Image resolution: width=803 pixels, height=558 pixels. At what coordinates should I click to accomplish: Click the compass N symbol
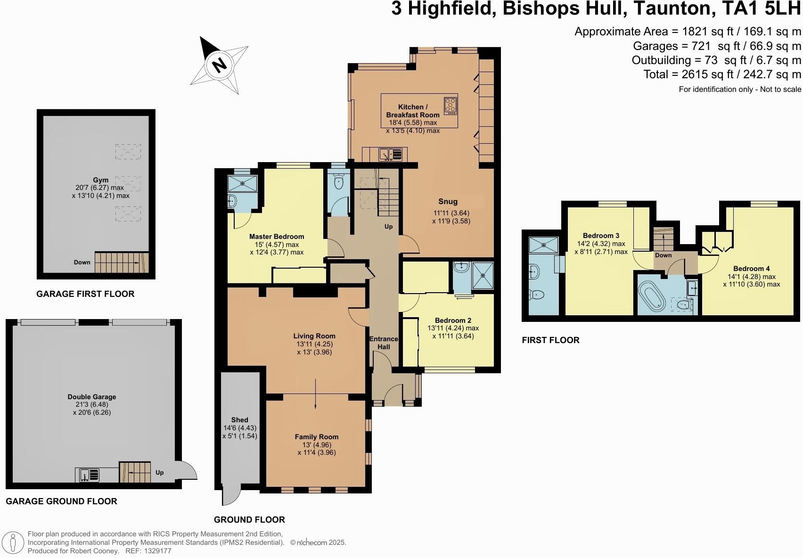click(x=219, y=65)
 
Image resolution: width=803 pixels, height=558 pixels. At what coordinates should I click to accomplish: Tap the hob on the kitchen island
click(x=451, y=106)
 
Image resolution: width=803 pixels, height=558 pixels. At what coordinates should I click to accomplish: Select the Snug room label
click(x=448, y=202)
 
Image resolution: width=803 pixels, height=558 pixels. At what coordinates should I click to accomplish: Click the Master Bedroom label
click(x=277, y=237)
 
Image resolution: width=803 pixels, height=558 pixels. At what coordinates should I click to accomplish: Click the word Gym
click(x=100, y=180)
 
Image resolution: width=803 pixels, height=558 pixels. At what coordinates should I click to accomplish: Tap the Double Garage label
click(x=92, y=397)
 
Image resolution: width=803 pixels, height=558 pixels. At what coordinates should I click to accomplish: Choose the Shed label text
click(x=239, y=420)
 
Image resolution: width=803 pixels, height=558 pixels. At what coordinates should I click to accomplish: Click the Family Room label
click(x=317, y=437)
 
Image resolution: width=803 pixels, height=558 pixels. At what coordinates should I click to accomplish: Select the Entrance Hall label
click(x=384, y=343)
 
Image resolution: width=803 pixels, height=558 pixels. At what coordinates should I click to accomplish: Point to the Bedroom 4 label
click(x=751, y=269)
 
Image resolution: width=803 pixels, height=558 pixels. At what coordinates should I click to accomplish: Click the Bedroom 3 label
click(x=601, y=236)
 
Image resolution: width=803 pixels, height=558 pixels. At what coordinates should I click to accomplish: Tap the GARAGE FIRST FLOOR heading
click(x=85, y=294)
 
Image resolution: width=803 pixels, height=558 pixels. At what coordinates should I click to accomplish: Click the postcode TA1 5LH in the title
click(x=761, y=8)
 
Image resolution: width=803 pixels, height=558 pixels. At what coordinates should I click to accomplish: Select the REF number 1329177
click(x=158, y=551)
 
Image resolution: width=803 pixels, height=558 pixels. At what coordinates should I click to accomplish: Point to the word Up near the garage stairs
click(x=160, y=473)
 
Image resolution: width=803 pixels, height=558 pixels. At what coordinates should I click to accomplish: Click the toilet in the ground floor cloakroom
click(x=338, y=182)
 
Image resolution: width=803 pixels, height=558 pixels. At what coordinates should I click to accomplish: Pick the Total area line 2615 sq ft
click(x=722, y=74)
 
